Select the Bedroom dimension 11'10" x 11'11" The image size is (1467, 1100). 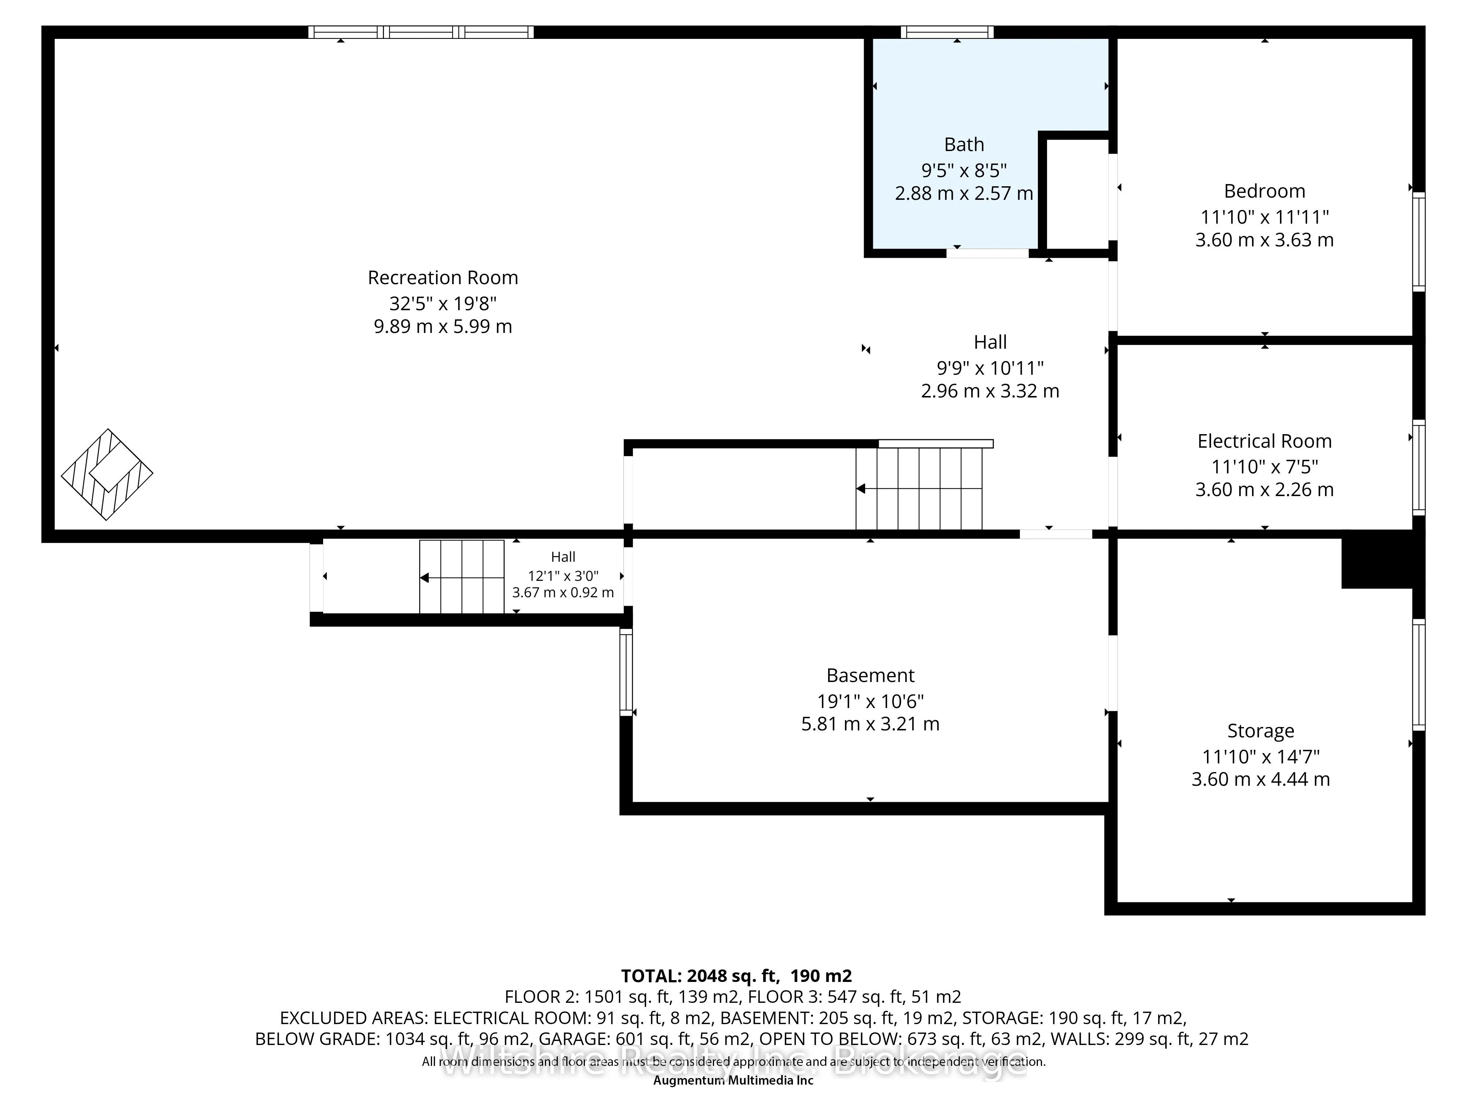(1264, 217)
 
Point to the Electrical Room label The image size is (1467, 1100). (1264, 441)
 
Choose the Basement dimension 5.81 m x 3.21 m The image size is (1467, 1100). (870, 724)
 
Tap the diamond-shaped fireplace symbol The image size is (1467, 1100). (107, 474)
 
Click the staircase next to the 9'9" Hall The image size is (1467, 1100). (919, 489)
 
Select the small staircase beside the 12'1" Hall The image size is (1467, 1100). (462, 577)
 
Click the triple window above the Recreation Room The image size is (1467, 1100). (421, 32)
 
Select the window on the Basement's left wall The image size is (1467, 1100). (626, 672)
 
